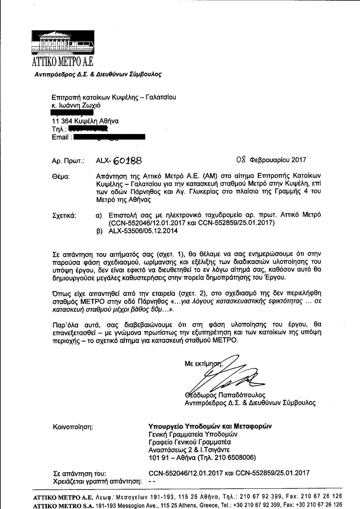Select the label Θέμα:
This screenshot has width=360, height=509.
pyautogui.click(x=61, y=176)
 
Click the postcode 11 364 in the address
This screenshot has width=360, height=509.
pyautogui.click(x=63, y=121)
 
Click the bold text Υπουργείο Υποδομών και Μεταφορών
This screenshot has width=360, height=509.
pyautogui.click(x=210, y=426)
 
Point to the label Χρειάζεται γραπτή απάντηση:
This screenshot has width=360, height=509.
pyautogui.click(x=97, y=482)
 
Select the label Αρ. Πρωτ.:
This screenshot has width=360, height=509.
pyautogui.click(x=68, y=161)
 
